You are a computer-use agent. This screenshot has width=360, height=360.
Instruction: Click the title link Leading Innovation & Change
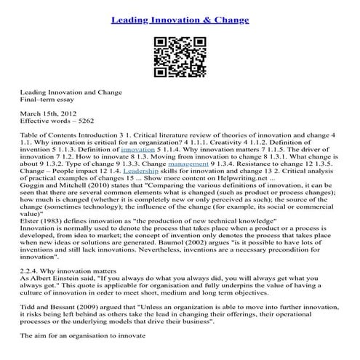click(180, 15)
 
